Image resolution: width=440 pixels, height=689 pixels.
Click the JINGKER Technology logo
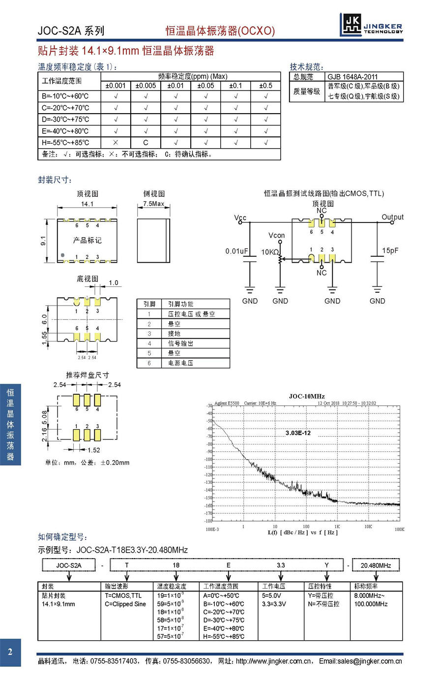pyautogui.click(x=371, y=25)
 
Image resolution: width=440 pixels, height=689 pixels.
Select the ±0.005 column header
pyautogui.click(x=146, y=86)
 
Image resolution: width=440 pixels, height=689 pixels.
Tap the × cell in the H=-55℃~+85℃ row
pyautogui.click(x=116, y=143)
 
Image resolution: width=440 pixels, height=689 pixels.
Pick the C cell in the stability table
pyautogui.click(x=146, y=143)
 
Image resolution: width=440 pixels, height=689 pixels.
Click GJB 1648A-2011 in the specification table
pyautogui.click(x=352, y=77)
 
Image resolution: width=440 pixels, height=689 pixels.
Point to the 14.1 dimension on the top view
pyautogui.click(x=87, y=204)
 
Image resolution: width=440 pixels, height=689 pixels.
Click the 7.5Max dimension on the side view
pyautogui.click(x=153, y=204)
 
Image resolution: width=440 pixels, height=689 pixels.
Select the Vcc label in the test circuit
pyautogui.click(x=240, y=218)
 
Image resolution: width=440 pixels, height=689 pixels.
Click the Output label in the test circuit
pyautogui.click(x=392, y=217)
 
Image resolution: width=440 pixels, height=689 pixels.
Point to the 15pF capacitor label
pyautogui.click(x=390, y=251)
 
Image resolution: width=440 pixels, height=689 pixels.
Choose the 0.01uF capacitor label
pyautogui.click(x=236, y=251)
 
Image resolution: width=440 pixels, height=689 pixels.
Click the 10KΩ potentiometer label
pyautogui.click(x=270, y=252)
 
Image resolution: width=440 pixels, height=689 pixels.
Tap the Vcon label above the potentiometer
pyautogui.click(x=277, y=235)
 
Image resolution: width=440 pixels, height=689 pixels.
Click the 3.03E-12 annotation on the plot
pyautogui.click(x=298, y=433)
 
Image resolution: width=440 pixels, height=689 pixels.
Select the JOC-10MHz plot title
pyautogui.click(x=306, y=396)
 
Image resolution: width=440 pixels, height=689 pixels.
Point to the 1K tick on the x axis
pyautogui.click(x=337, y=527)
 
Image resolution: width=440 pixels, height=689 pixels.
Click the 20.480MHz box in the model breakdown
pyautogui.click(x=376, y=565)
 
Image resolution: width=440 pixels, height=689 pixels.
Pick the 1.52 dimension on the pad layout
pyautogui.click(x=93, y=450)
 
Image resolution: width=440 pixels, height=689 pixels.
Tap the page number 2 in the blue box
pyautogui.click(x=10, y=653)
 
